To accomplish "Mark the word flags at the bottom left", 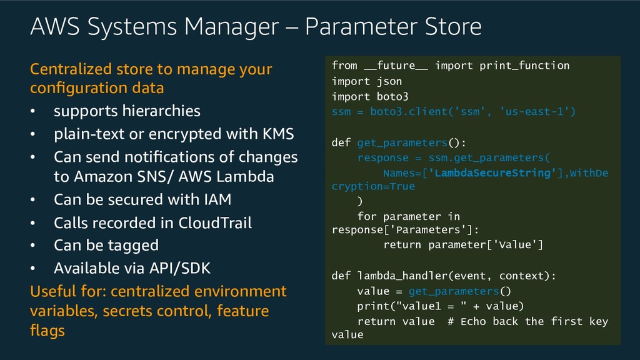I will click(47, 330).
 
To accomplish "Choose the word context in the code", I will click(524, 276).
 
